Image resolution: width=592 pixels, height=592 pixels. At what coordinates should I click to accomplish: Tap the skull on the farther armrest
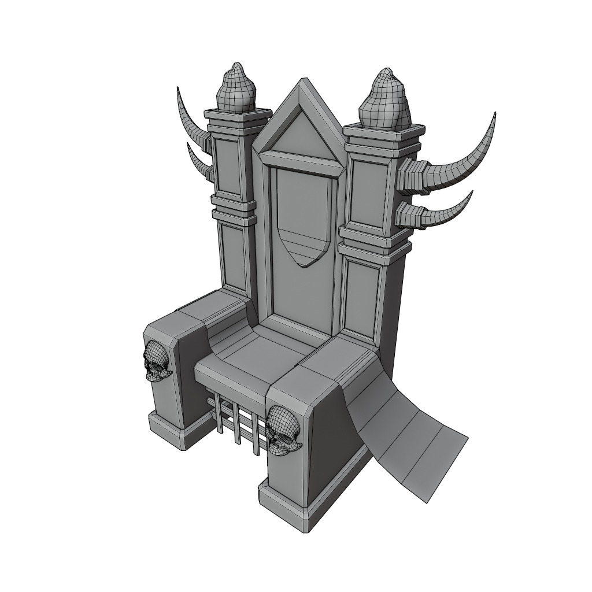point(156,360)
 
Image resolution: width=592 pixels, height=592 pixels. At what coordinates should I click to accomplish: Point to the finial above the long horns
point(384,101)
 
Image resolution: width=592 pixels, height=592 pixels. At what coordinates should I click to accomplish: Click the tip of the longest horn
point(494,115)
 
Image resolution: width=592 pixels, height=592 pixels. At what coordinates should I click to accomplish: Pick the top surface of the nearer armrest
point(324,368)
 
